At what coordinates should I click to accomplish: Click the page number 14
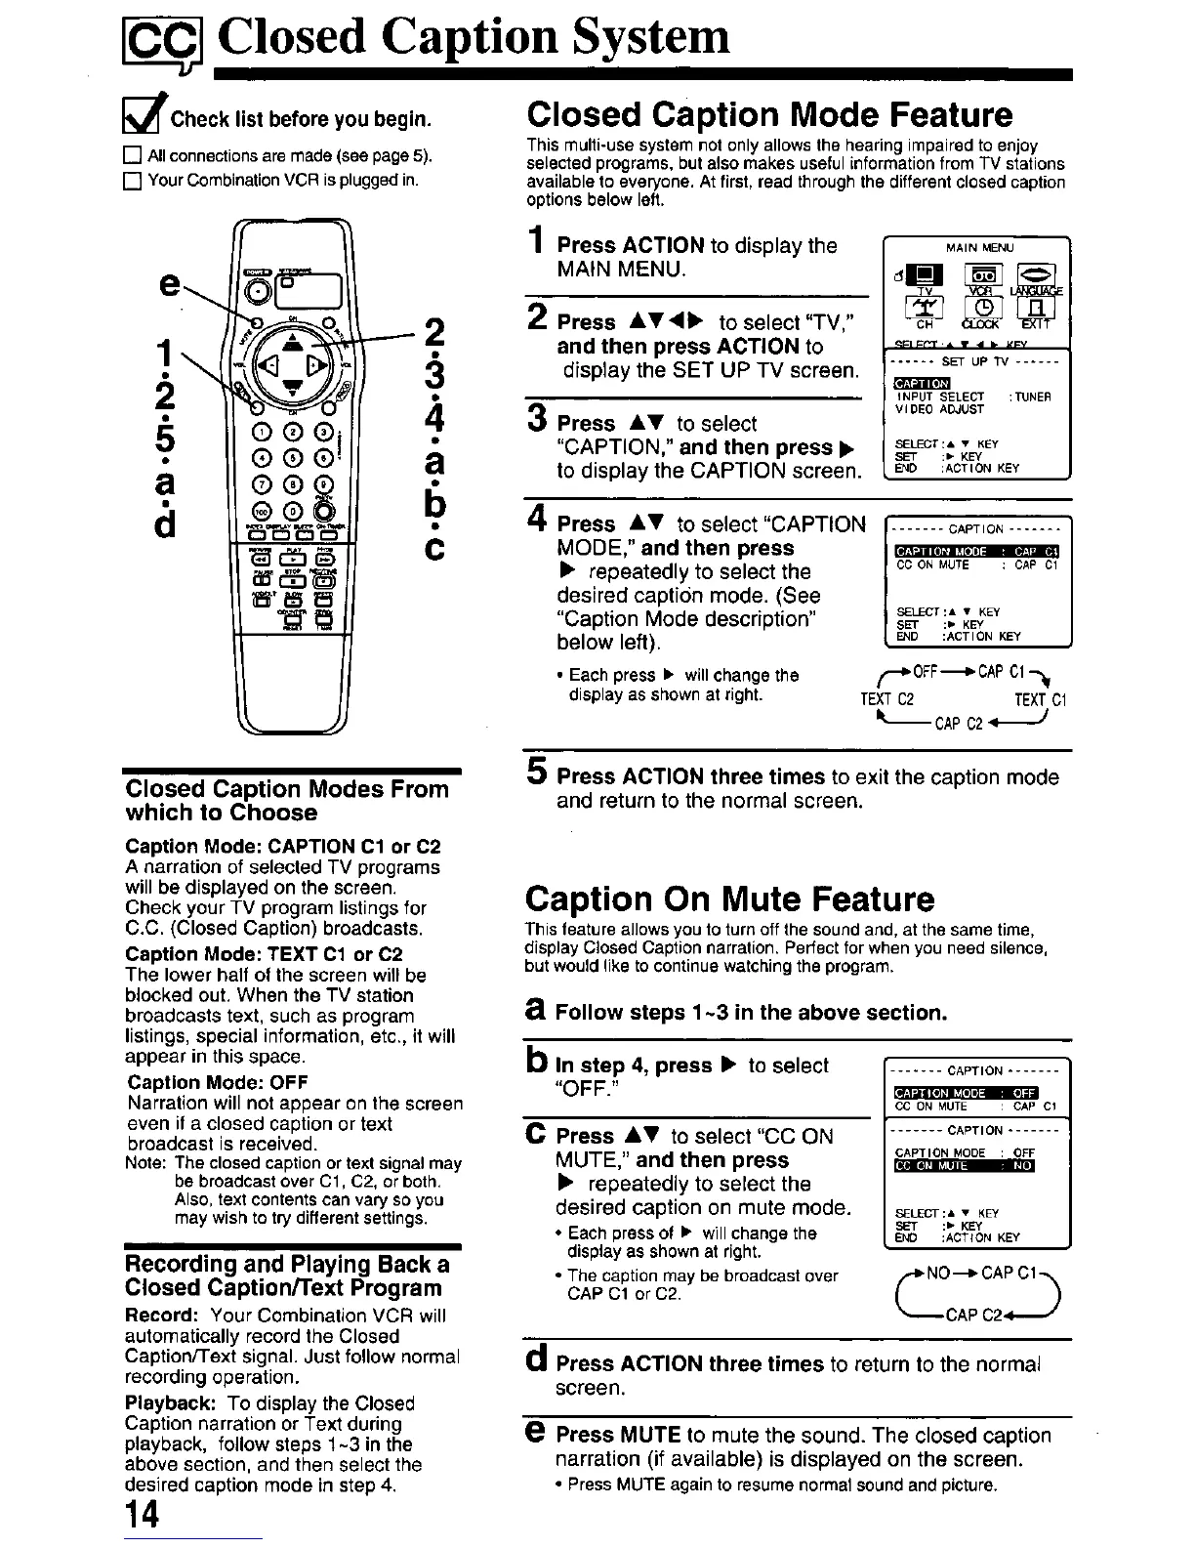click(142, 1517)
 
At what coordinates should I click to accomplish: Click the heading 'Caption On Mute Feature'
click(729, 899)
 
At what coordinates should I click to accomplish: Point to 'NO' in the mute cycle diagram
click(937, 1274)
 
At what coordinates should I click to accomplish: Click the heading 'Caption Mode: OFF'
click(218, 1082)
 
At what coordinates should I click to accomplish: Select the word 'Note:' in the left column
click(145, 1163)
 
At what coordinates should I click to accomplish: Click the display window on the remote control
click(309, 288)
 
